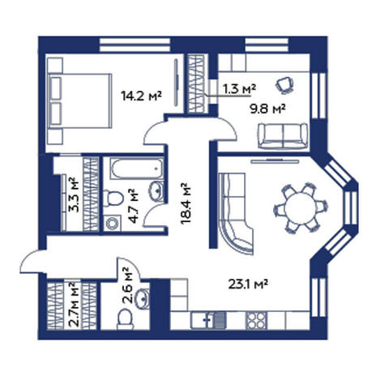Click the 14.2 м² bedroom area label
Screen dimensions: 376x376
(x=141, y=96)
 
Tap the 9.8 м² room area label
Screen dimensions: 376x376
(x=267, y=109)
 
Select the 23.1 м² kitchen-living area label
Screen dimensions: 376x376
(x=248, y=284)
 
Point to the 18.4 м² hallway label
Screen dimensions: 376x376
(x=186, y=203)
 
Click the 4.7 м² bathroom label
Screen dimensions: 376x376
(x=134, y=206)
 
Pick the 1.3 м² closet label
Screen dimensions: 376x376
(x=239, y=88)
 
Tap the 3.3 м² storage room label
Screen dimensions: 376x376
(x=74, y=194)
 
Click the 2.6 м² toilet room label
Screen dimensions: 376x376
(x=127, y=285)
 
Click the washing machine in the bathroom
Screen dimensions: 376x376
(x=112, y=223)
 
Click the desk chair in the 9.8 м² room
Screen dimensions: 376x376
(x=284, y=85)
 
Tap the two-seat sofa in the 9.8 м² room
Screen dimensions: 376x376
(x=283, y=136)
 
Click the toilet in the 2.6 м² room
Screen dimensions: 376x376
(x=126, y=319)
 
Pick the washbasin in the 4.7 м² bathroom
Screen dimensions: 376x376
(x=156, y=190)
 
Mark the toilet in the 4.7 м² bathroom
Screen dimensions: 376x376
(x=113, y=198)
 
